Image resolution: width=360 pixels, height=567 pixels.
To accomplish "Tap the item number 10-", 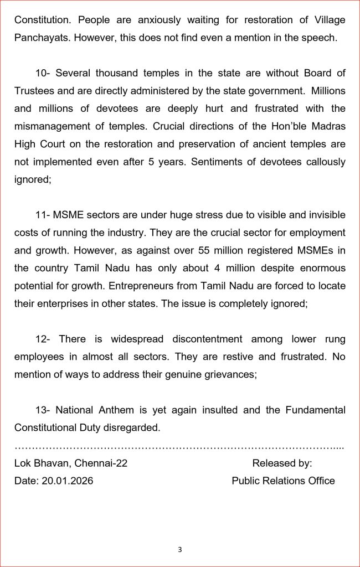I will pos(43,73).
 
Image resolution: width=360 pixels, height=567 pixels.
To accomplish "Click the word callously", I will pos(322,162).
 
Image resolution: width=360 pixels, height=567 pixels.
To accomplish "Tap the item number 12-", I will pos(43,339).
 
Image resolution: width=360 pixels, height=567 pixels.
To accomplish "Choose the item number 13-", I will pos(43,410).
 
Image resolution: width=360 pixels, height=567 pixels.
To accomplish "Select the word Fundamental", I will pos(316,410).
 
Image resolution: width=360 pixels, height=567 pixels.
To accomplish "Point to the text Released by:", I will pos(282,463).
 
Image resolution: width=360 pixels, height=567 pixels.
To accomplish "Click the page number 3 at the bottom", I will pos(180,550).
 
